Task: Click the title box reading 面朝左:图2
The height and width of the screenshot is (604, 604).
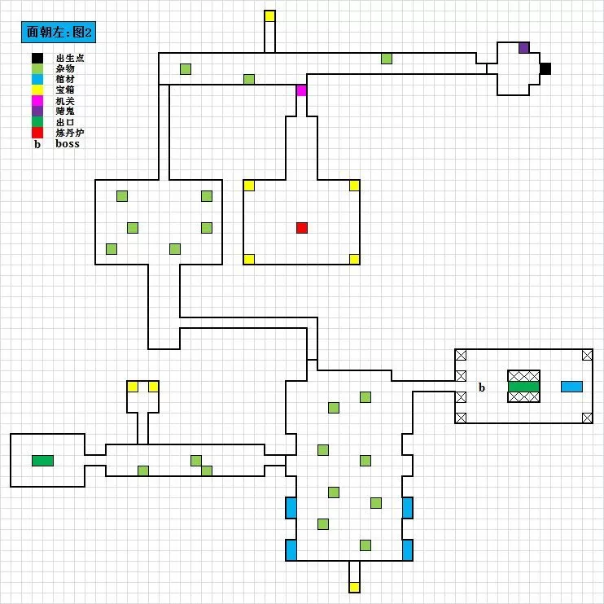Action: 63,33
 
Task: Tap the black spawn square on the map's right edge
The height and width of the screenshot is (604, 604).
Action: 545,68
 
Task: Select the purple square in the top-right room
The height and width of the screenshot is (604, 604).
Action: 524,47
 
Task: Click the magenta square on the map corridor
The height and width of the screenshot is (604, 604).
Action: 302,90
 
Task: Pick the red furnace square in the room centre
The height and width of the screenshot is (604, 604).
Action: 302,228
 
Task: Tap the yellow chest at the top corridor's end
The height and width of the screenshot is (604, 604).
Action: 270,15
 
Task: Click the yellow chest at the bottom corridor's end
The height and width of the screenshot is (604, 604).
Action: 354,587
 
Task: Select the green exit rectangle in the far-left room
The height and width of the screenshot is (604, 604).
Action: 42,461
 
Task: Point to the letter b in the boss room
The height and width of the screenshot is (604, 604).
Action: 482,387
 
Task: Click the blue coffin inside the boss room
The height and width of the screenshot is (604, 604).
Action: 571,387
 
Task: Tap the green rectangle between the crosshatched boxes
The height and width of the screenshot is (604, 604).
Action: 523,387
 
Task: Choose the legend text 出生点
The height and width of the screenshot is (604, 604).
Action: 70,58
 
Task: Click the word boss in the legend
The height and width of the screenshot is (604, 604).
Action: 68,143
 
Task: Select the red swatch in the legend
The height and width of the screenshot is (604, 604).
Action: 37,132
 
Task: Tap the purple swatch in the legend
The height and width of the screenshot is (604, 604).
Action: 37,111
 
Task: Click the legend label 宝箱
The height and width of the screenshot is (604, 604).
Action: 65,90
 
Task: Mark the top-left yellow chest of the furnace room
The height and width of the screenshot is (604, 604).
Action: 249,186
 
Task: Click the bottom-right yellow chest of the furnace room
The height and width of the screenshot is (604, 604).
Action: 354,260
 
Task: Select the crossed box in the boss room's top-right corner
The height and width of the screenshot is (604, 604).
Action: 588,355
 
